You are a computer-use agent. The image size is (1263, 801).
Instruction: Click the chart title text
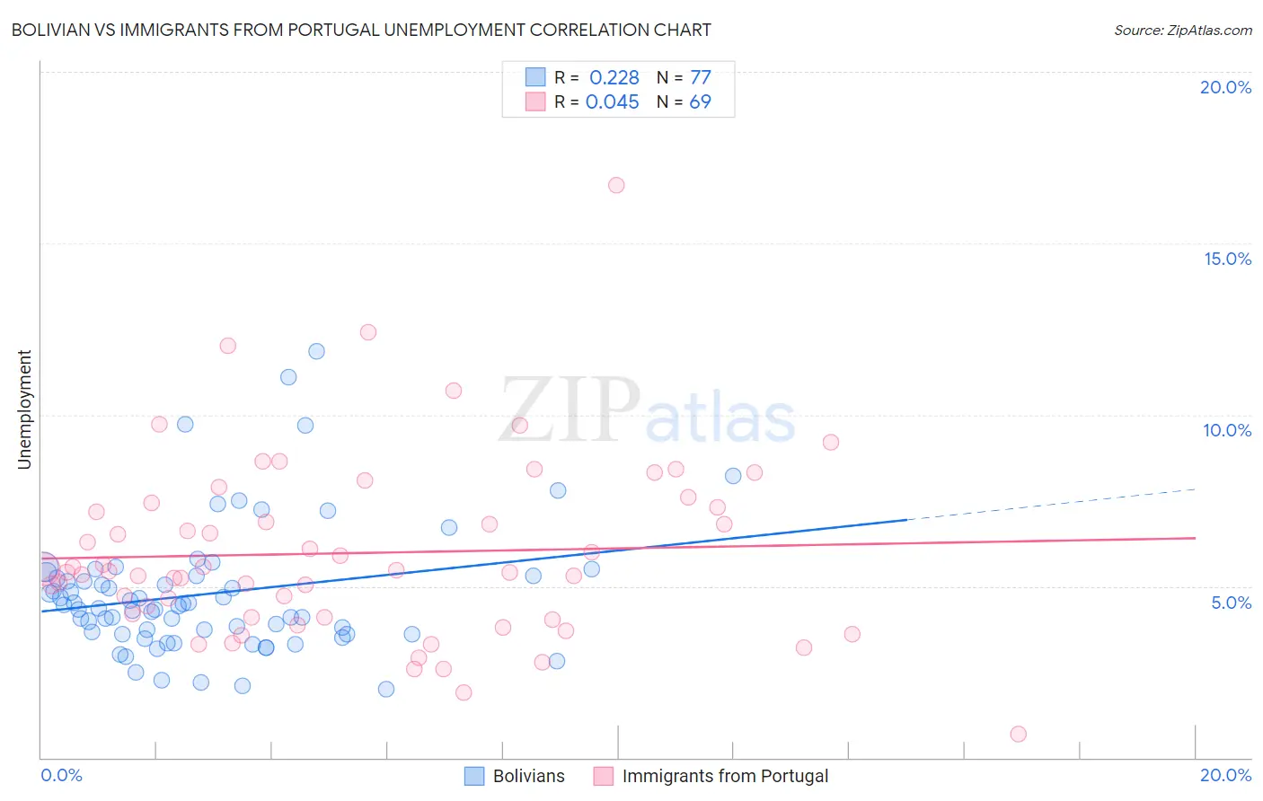coord(361,31)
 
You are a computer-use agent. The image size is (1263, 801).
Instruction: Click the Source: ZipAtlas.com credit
coord(1182,31)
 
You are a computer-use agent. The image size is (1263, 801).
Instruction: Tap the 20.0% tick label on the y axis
coord(1225,87)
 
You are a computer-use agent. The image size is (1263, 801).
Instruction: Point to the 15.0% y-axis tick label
coord(1227,259)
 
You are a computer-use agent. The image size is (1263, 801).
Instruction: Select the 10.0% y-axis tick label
coord(1227,430)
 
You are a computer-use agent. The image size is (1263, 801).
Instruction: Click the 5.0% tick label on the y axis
coord(1231,603)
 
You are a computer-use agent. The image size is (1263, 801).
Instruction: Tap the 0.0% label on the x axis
coord(61,775)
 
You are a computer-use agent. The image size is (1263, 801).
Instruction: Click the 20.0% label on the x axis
coord(1225,775)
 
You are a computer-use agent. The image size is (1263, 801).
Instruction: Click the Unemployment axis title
coord(25,409)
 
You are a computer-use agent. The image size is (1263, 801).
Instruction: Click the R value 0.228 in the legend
coord(614,78)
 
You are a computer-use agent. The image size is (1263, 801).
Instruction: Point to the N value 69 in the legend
coord(700,102)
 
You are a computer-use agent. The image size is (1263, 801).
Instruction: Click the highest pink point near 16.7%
coord(616,185)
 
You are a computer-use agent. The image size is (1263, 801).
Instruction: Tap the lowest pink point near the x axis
coord(1018,734)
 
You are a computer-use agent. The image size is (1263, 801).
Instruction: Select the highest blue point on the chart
coord(316,351)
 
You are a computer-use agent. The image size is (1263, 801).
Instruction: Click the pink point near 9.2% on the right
coord(831,442)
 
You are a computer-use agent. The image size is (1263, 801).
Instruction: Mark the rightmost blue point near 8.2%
coord(733,476)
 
